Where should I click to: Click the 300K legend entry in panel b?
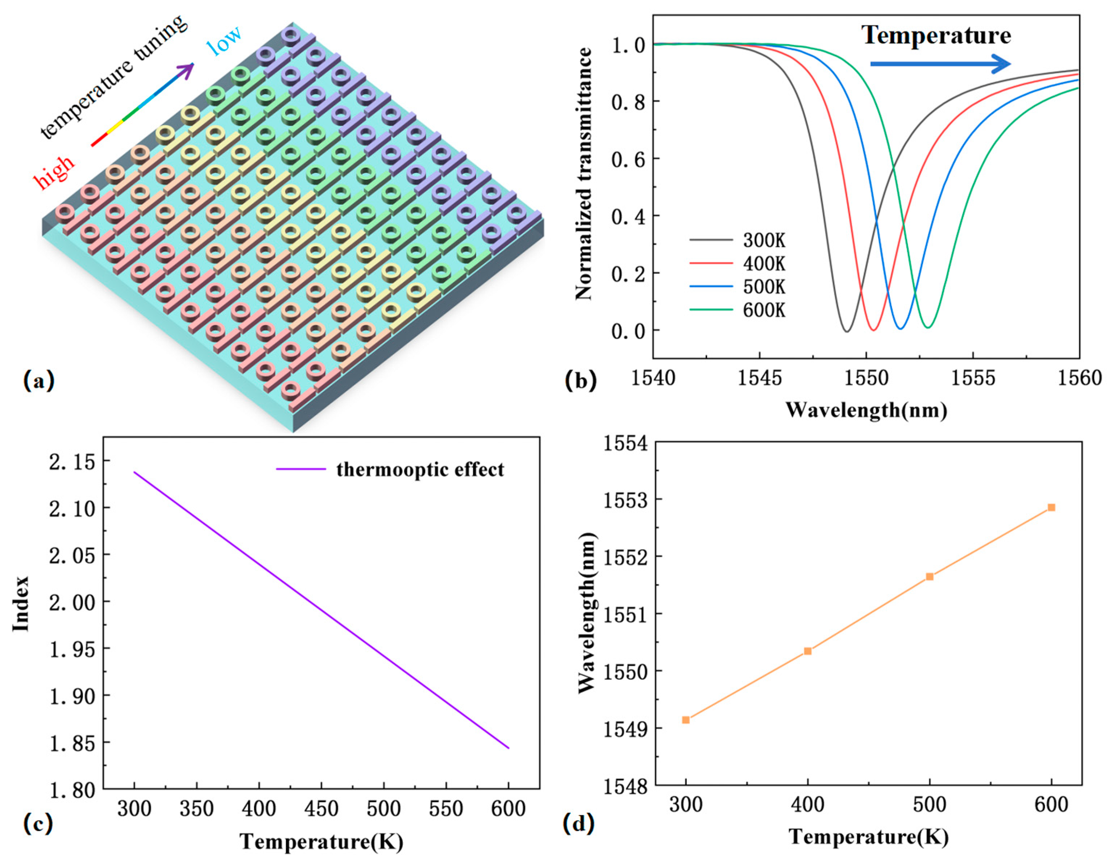coord(764,240)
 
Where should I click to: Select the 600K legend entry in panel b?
coord(764,310)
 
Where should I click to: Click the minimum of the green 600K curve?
coord(928,328)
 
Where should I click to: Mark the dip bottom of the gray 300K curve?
coord(847,332)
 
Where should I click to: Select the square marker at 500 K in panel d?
coord(929,577)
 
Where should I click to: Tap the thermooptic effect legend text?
coord(420,470)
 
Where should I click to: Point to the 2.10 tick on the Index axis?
coord(71,508)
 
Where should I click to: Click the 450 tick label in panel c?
coord(321,809)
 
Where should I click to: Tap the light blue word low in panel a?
coord(224,42)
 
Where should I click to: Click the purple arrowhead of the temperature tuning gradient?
coord(188,70)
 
